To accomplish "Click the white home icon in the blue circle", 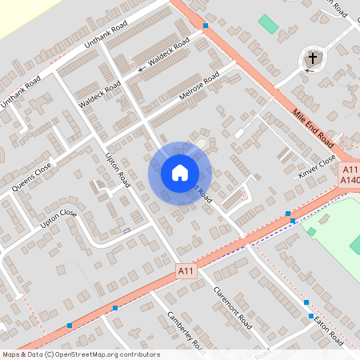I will pyautogui.click(x=179, y=173).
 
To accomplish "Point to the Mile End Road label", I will pyautogui.click(x=313, y=127).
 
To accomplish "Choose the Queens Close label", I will pyautogui.click(x=32, y=178).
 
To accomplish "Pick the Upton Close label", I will pyautogui.click(x=58, y=219).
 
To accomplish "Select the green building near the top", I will pyautogui.click(x=269, y=24).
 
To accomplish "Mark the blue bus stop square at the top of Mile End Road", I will pyautogui.click(x=206, y=26).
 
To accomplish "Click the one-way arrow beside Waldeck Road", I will pyautogui.click(x=142, y=70).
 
